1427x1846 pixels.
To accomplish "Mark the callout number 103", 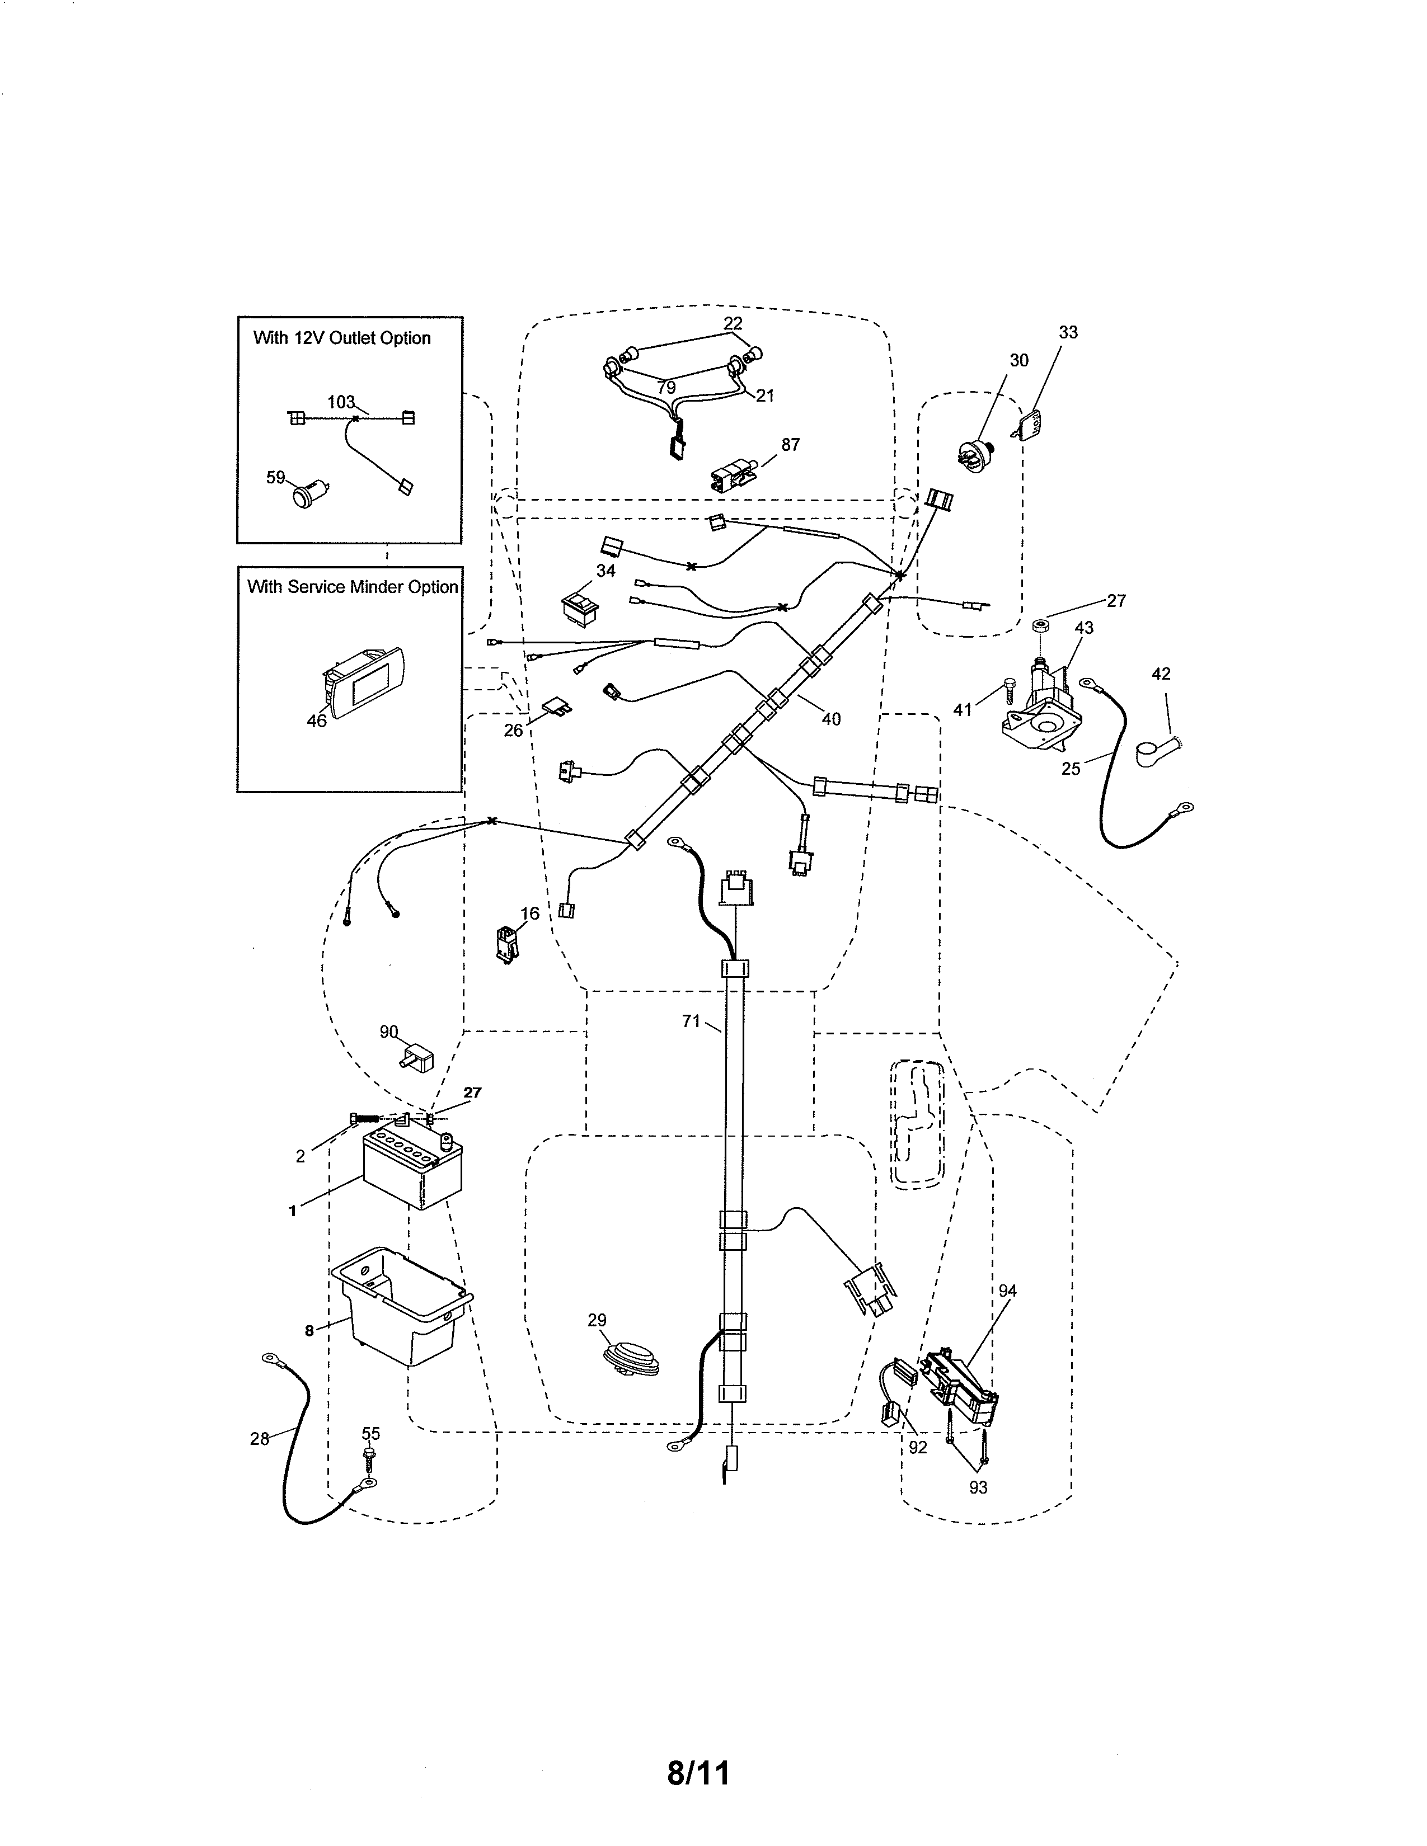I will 341,402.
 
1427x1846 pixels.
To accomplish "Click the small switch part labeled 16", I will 507,944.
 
